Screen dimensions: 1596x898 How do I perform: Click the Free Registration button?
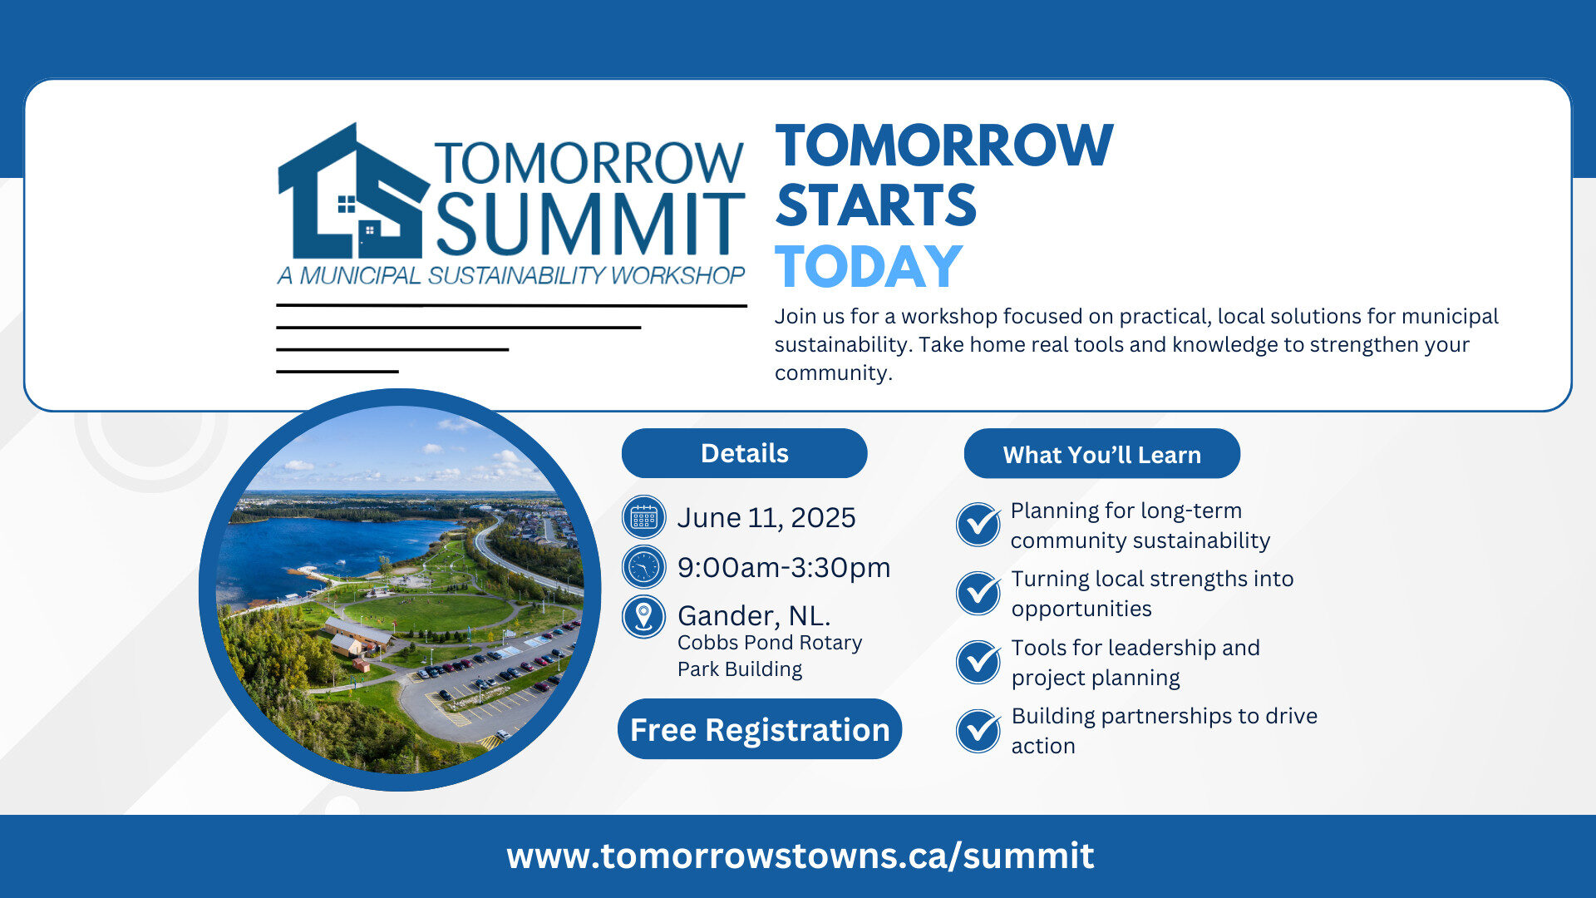tap(760, 729)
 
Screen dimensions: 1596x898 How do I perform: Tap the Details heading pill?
tap(745, 453)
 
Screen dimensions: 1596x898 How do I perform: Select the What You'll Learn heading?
tap(1102, 454)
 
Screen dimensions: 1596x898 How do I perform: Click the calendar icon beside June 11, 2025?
tap(644, 517)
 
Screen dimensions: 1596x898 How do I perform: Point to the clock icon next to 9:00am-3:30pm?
tap(644, 567)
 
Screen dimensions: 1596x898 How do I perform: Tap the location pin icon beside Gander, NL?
tap(644, 616)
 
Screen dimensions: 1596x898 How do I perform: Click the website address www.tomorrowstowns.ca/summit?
tap(800, 856)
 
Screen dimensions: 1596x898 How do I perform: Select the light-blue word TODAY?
tap(869, 267)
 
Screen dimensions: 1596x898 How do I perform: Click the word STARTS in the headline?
tap(876, 205)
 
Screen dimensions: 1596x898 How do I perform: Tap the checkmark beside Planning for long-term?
tap(978, 525)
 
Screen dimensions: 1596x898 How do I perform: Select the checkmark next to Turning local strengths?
tap(978, 593)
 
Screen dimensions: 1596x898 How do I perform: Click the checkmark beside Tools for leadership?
tap(978, 662)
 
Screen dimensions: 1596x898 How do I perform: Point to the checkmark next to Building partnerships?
tap(978, 731)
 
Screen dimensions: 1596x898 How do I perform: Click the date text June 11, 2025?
tap(766, 518)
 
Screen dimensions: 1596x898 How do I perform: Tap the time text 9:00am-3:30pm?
tap(784, 567)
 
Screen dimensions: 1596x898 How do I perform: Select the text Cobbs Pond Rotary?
tap(770, 643)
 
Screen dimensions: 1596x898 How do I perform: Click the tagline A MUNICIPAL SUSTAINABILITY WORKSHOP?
tap(511, 275)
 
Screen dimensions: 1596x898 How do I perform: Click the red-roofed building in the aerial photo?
tap(357, 636)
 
